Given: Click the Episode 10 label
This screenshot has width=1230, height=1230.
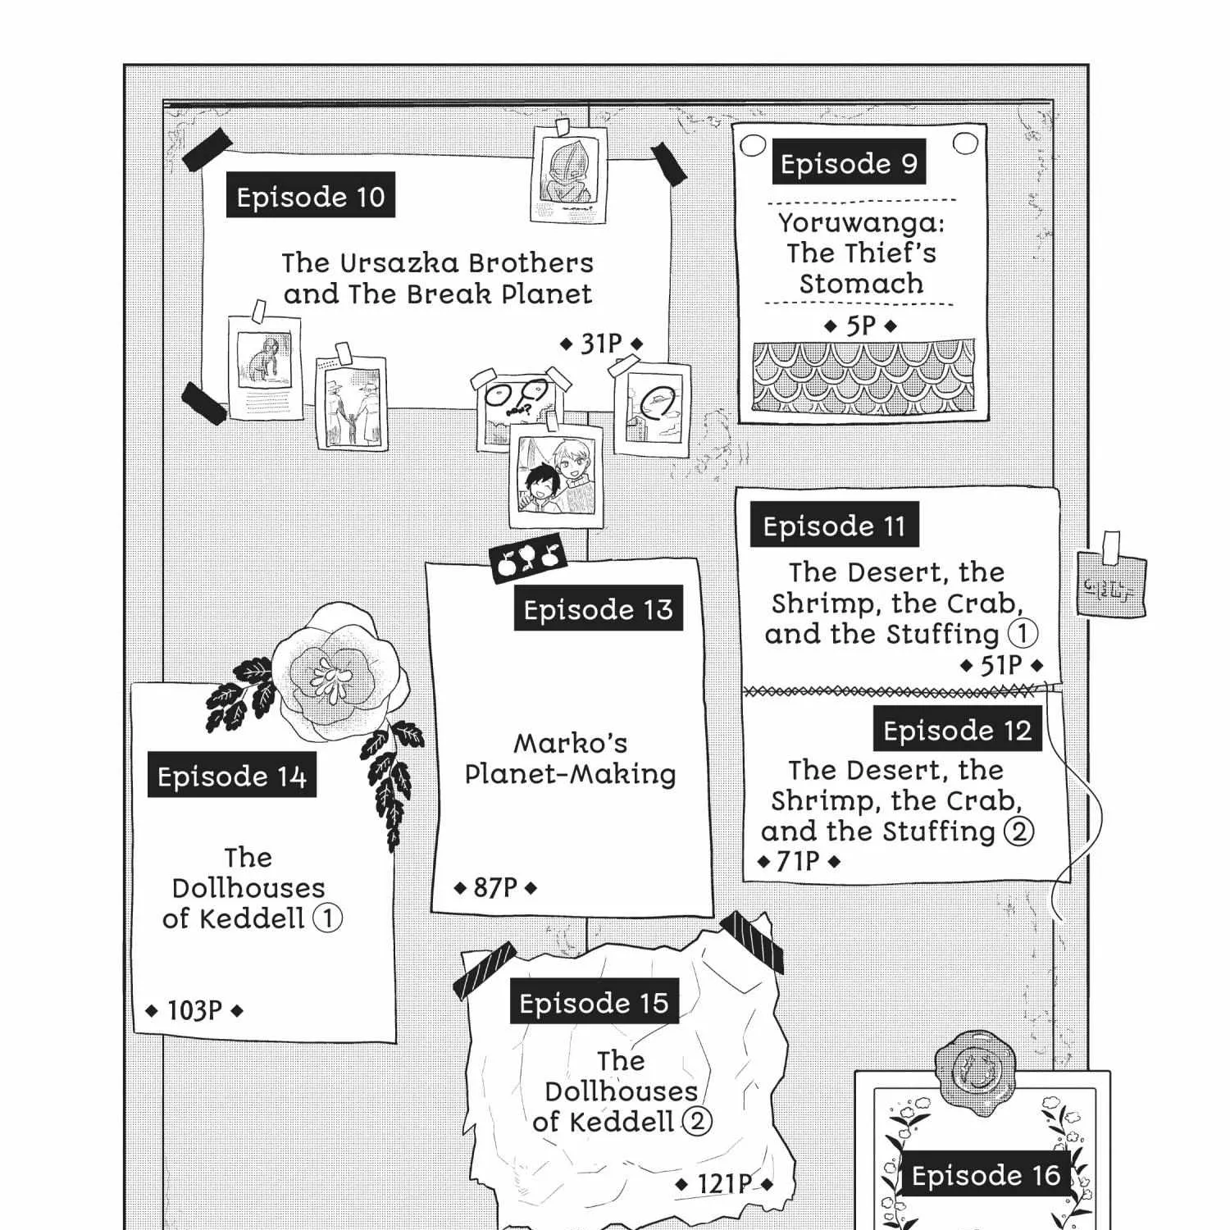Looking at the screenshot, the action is tap(310, 195).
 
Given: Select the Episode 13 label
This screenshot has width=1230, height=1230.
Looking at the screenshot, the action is tap(598, 608).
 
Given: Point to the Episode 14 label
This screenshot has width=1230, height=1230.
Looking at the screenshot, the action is tap(232, 776).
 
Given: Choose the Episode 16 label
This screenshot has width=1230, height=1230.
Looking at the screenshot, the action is tap(986, 1175).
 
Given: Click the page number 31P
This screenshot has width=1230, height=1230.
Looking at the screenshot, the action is tap(602, 344).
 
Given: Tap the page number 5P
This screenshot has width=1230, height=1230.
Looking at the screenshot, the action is tap(861, 326).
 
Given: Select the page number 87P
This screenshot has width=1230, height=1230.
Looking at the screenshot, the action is tap(495, 887).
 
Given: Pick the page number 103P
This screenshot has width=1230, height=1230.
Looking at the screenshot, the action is tap(194, 1010).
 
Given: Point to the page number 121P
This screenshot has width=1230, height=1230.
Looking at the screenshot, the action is tap(724, 1184).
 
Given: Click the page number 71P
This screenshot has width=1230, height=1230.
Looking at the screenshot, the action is tap(798, 861).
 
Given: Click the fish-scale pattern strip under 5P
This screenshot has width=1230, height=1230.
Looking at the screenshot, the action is tap(864, 376).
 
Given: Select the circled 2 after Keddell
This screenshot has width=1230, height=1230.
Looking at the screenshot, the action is tap(696, 1121).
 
